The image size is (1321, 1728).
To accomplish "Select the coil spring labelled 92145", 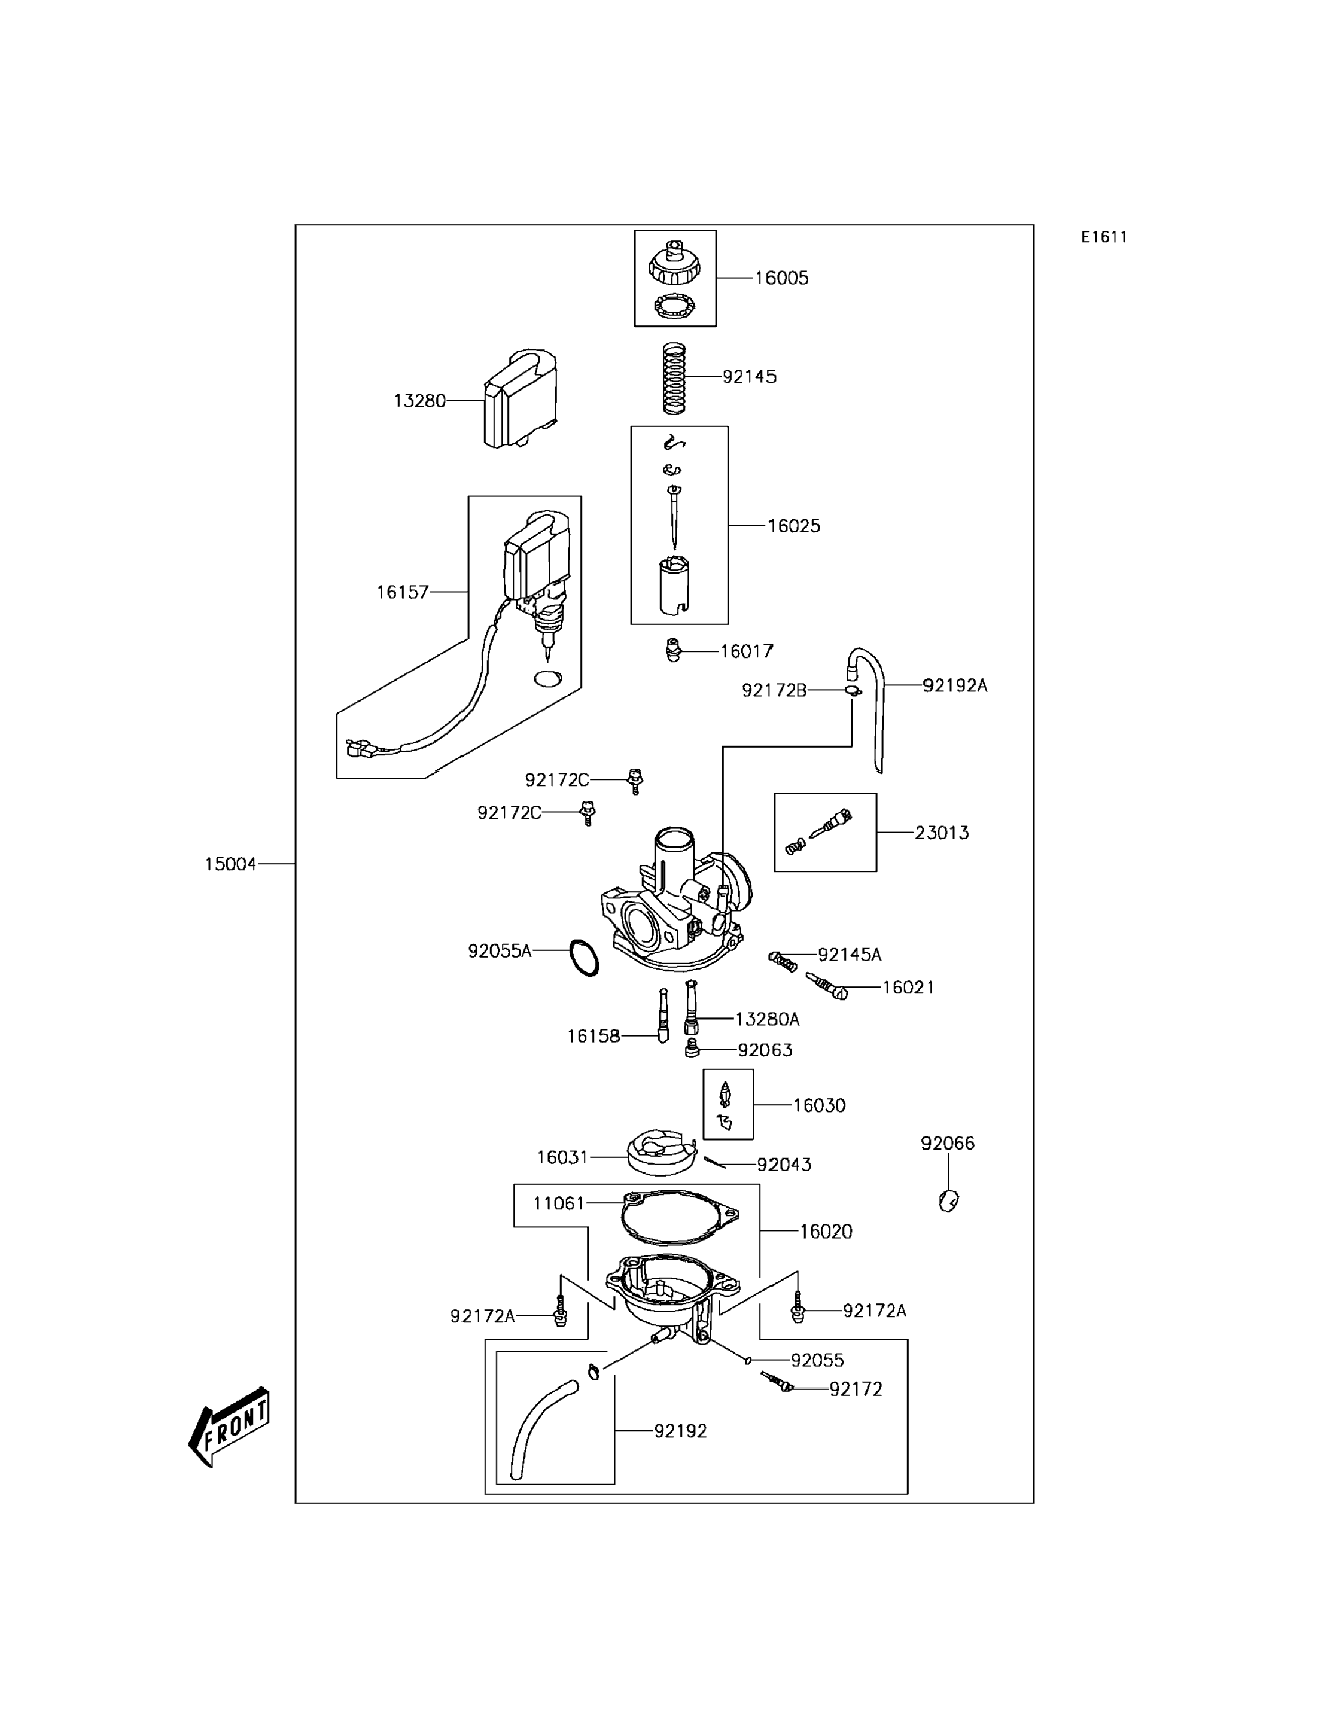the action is click(x=674, y=378).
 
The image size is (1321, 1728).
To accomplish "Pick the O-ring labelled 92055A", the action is click(x=585, y=958).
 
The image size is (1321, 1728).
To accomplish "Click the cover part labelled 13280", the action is click(x=521, y=400).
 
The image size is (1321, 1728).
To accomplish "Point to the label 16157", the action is click(x=403, y=592).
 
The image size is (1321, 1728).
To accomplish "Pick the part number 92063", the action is click(x=765, y=1050).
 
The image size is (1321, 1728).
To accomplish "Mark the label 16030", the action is click(x=819, y=1105).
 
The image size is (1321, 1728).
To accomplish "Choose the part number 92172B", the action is click(x=775, y=690).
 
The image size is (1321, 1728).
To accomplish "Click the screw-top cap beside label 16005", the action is click(x=675, y=263).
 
